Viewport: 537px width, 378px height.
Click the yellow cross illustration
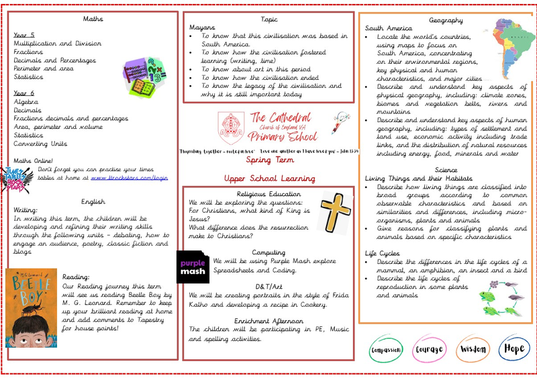point(334,209)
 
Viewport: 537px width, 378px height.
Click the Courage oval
point(429,349)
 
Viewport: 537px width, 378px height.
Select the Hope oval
point(513,349)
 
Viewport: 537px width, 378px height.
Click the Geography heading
point(446,20)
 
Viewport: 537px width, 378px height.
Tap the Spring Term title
point(268,161)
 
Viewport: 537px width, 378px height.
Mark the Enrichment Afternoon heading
point(268,321)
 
